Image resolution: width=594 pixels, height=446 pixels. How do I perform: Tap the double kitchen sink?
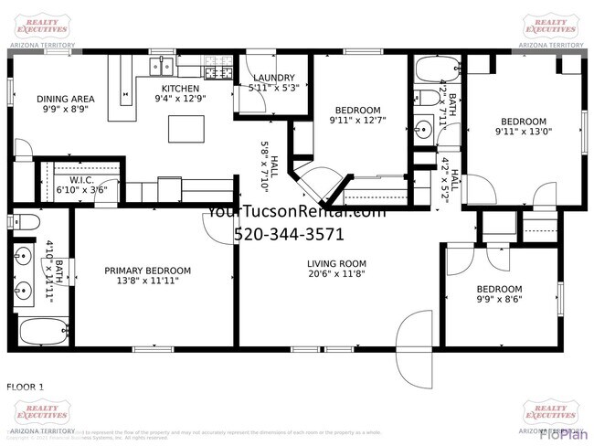coord(163,65)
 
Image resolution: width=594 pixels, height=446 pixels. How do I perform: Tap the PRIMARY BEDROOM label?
coord(147,271)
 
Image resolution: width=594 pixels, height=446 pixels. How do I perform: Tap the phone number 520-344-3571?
coord(289,233)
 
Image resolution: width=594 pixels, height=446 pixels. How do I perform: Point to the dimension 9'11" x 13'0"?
coord(522,132)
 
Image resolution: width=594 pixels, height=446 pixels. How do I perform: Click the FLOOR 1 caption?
coord(26,387)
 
